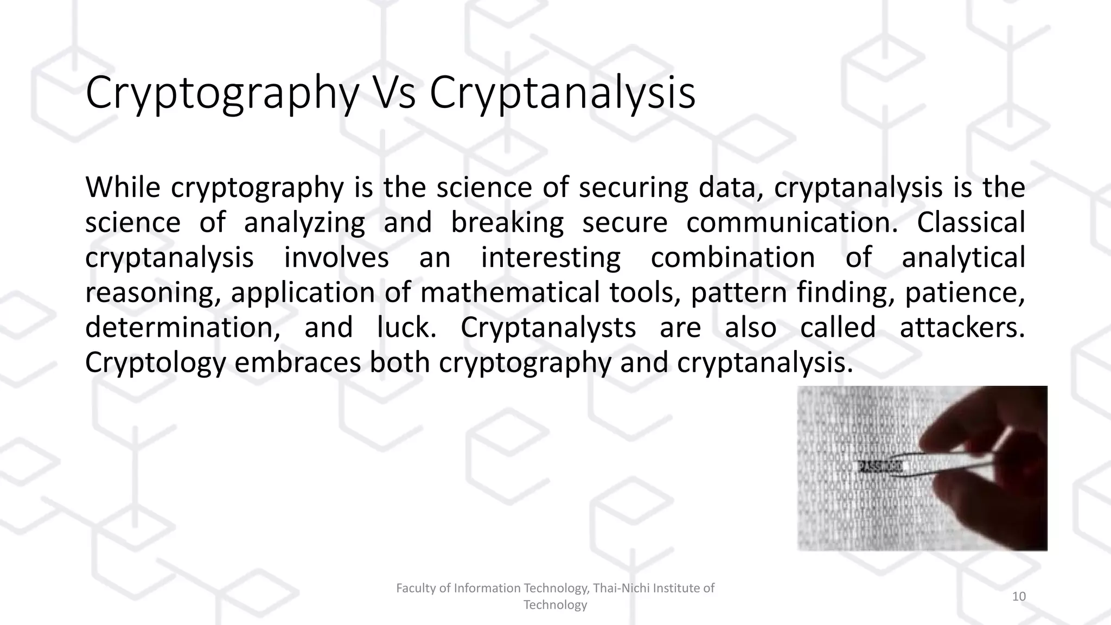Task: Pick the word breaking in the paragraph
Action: click(x=507, y=224)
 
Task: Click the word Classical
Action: click(x=970, y=222)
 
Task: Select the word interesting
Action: click(x=551, y=258)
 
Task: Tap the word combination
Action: click(x=733, y=258)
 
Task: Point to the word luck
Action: click(x=407, y=328)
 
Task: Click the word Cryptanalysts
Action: click(x=548, y=328)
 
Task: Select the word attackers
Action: click(x=962, y=328)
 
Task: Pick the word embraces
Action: click(x=297, y=362)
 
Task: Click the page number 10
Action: click(x=1019, y=597)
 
